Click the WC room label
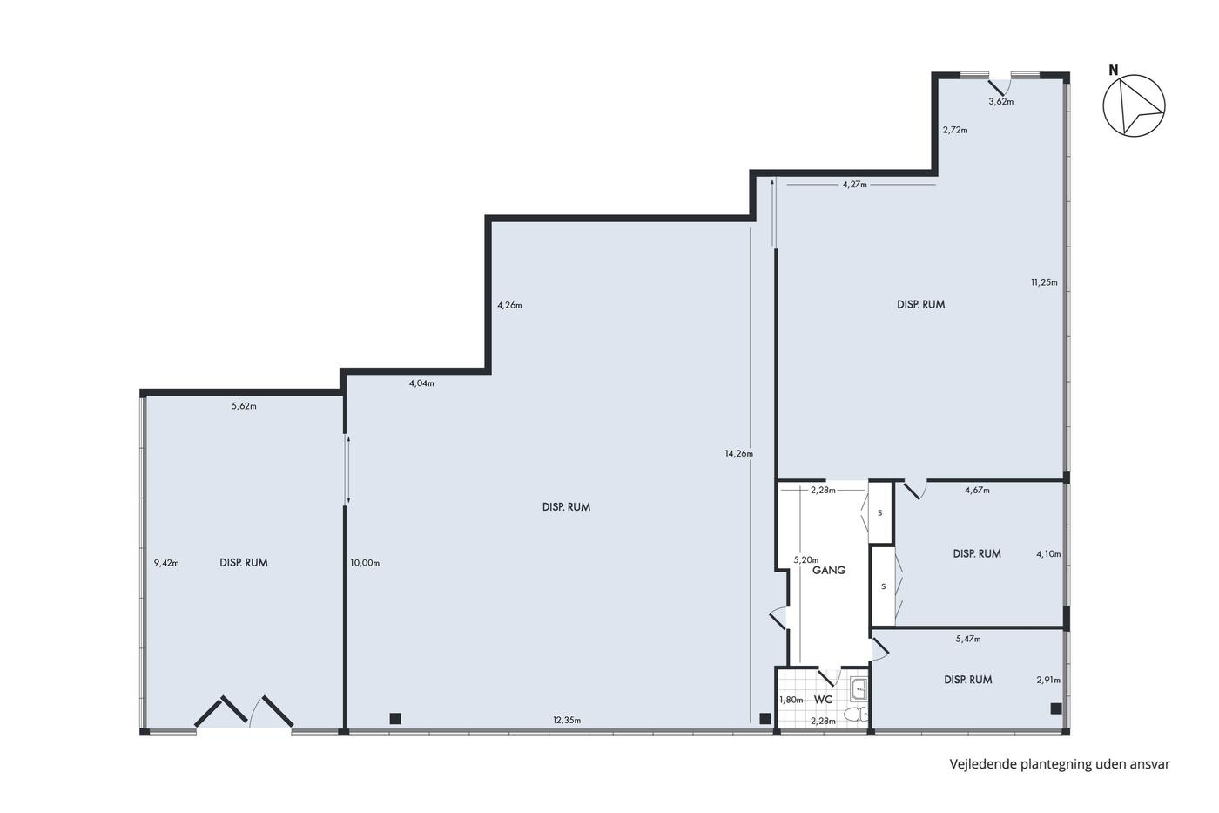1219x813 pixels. (x=823, y=700)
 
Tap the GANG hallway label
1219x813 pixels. (x=829, y=570)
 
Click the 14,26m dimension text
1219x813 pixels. (x=739, y=454)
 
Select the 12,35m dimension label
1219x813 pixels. (x=567, y=721)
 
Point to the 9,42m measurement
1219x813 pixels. (x=166, y=563)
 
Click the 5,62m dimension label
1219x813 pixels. (x=244, y=406)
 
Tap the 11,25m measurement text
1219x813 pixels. (x=1044, y=282)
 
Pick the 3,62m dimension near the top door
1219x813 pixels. (x=1001, y=101)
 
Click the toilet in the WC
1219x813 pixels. (x=859, y=714)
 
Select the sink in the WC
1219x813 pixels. (x=859, y=690)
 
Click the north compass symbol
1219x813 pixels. (x=1134, y=105)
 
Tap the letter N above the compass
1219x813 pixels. (x=1114, y=71)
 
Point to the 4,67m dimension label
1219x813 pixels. (x=977, y=490)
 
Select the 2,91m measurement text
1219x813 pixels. (x=1048, y=680)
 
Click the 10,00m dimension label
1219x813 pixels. (x=365, y=563)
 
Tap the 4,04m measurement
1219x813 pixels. (x=421, y=383)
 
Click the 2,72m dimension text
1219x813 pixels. (x=956, y=130)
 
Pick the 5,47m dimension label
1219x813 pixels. (x=968, y=640)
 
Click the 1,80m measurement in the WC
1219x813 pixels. (x=791, y=701)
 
